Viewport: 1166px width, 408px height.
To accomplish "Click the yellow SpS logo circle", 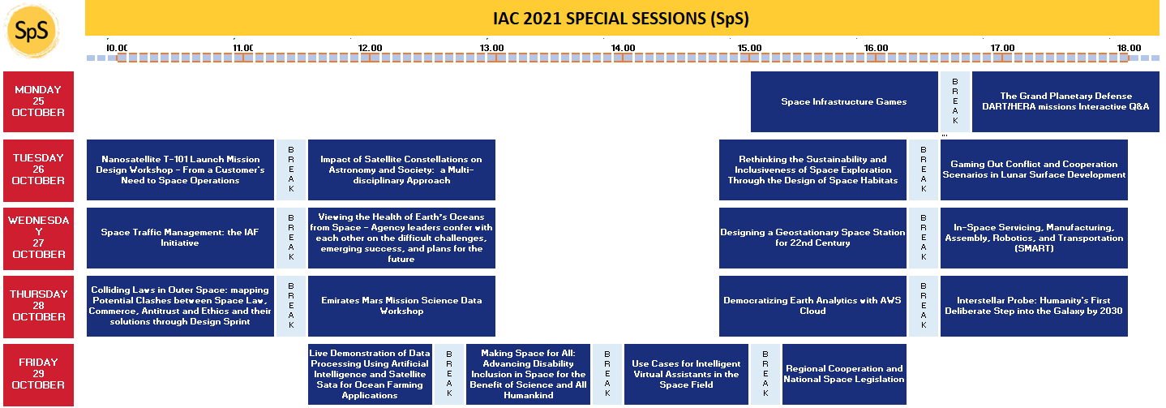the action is (32, 31).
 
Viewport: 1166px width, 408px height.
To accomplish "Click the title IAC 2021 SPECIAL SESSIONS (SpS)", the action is (621, 18).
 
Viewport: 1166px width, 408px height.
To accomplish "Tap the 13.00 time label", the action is (491, 48).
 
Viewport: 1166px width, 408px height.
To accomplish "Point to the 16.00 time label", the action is (876, 48).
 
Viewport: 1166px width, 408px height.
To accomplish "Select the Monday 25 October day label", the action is (39, 101).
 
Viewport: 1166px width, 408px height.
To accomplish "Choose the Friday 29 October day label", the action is (39, 374).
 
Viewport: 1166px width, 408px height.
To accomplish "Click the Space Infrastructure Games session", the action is (844, 101).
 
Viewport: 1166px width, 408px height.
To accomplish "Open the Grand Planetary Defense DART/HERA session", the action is (1065, 101).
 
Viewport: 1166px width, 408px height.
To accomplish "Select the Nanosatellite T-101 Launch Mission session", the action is (180, 170).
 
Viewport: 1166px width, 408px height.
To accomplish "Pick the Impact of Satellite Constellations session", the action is (401, 170).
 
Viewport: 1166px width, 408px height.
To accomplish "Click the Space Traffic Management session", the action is (180, 238).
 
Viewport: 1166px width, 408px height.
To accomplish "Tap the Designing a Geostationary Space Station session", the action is (812, 238).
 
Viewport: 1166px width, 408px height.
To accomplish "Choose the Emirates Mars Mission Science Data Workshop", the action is (401, 306).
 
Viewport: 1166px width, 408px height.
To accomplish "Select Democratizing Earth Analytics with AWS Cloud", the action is (812, 306).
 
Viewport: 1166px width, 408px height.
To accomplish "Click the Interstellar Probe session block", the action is (1034, 306).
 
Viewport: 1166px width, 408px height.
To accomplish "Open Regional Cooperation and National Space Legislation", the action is (844, 374).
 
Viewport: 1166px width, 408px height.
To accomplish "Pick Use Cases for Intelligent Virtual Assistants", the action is (686, 374).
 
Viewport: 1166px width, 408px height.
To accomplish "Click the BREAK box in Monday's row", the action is (955, 101).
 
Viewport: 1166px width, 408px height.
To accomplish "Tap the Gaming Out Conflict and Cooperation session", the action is (1034, 170).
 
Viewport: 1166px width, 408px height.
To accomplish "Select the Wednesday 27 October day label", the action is (39, 238).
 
